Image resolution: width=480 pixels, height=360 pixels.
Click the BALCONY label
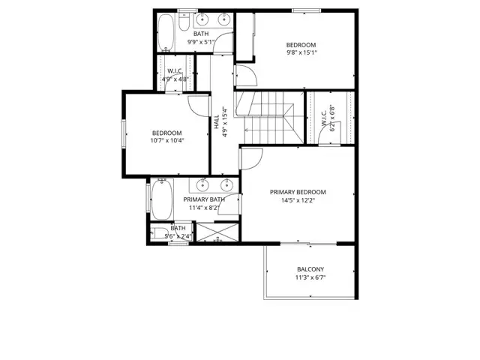click(x=310, y=269)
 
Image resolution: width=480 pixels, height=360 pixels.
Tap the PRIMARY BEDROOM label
click(x=298, y=192)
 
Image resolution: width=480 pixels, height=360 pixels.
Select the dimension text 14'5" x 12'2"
click(x=298, y=200)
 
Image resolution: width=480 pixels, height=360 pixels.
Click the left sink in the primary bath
click(x=202, y=184)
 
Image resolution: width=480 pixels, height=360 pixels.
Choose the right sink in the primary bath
click(x=227, y=184)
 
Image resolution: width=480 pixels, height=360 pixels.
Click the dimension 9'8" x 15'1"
click(x=301, y=53)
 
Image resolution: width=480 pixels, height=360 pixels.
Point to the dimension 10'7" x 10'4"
click(x=166, y=140)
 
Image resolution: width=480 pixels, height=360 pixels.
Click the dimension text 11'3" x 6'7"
click(x=310, y=277)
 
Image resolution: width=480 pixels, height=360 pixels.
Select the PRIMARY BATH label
click(x=204, y=199)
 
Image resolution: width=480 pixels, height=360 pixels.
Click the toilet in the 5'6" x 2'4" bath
click(x=160, y=232)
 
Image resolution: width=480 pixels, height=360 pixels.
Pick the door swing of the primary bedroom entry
click(x=251, y=158)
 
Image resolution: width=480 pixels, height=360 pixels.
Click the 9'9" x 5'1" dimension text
click(x=201, y=42)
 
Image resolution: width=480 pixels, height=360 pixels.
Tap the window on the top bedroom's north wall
click(x=299, y=10)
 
